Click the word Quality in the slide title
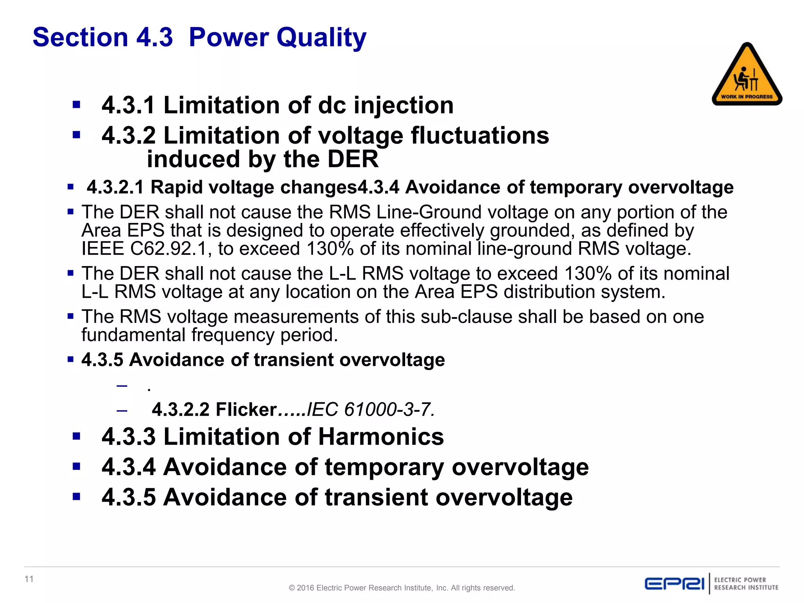coord(321,38)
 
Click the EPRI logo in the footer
coord(674,583)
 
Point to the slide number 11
coord(29,579)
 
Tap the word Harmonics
coord(381,437)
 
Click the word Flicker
coord(246,409)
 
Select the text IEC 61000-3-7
coord(370,409)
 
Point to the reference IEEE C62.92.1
coord(144,249)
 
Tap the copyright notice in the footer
coord(402,588)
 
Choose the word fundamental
coord(133,335)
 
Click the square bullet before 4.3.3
coord(77,436)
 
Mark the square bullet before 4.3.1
coord(77,105)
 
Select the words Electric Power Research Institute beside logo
coord(746,584)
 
